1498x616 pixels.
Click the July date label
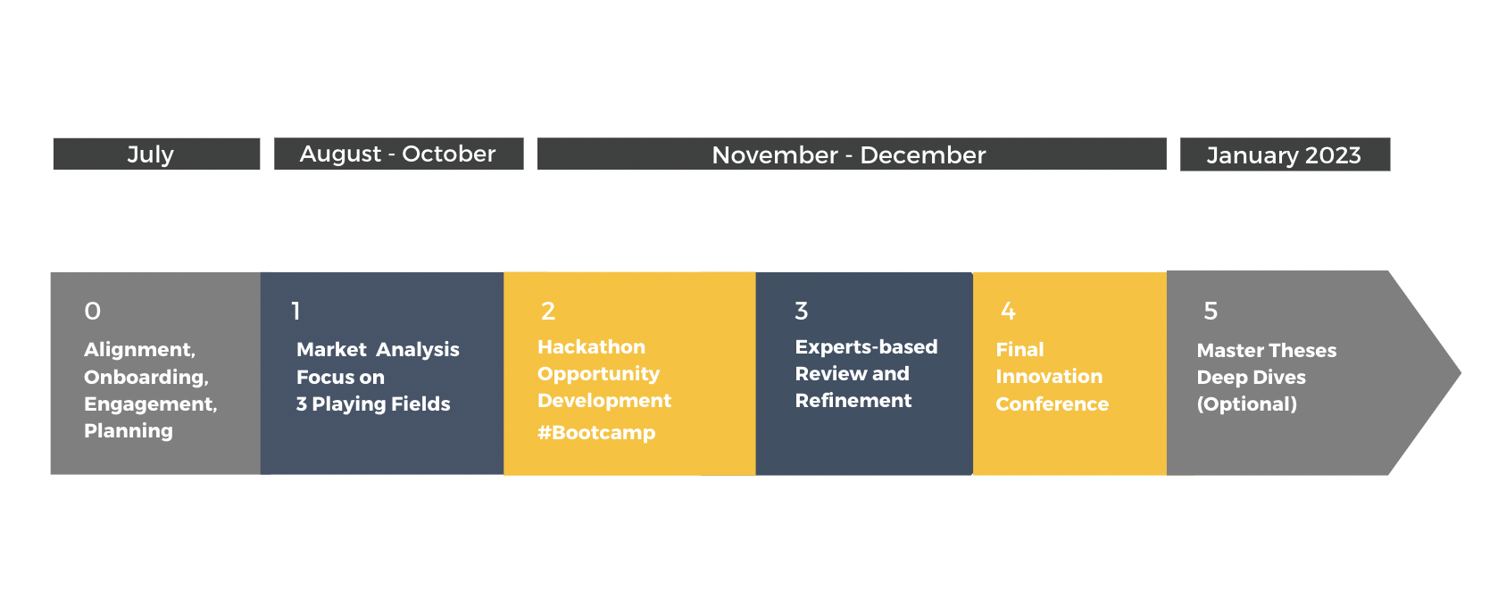151,154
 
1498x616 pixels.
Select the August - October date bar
398,154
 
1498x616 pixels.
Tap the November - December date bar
852,154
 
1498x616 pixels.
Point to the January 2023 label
1284,155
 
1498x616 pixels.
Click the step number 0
92,311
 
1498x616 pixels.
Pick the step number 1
295,311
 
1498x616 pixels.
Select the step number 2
548,311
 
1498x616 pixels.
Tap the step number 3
801,311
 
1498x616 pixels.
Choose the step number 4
1008,311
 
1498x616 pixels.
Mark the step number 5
1211,311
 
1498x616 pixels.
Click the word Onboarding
146,378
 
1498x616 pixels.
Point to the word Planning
129,430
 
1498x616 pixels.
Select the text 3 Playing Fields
373,404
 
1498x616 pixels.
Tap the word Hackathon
591,346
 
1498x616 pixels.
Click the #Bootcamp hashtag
596,432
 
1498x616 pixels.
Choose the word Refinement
853,400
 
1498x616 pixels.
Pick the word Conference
1052,404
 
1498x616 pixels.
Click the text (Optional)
1246,404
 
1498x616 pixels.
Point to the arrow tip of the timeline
1460,373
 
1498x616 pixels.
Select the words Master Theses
1267,351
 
